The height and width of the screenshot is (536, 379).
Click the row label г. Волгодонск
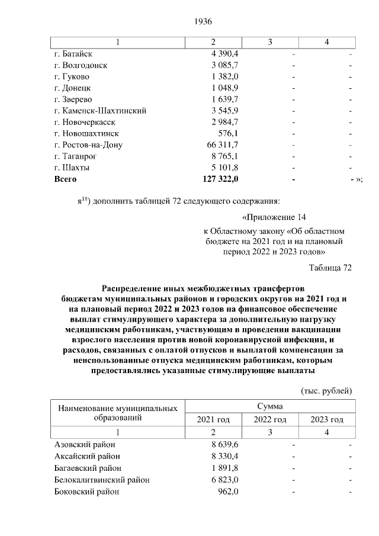tap(81, 65)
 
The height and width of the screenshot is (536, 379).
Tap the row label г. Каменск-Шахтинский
tap(100, 111)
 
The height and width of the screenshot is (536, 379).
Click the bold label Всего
tap(65, 178)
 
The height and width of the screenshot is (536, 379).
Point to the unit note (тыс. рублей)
tap(327, 391)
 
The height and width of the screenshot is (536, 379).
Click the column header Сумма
tap(270, 407)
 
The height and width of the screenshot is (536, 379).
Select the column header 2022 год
tap(270, 420)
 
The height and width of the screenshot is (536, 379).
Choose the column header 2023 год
tap(327, 420)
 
